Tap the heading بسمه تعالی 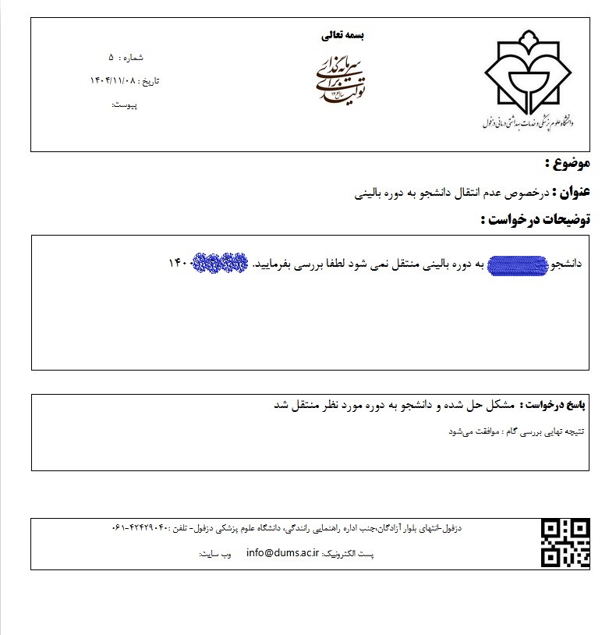point(342,35)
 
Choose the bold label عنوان point(575,191)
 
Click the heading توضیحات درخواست point(538,219)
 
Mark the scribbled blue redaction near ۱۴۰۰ point(221,264)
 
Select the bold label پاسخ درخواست point(554,406)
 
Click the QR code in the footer point(565,543)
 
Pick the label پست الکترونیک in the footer point(349,554)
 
